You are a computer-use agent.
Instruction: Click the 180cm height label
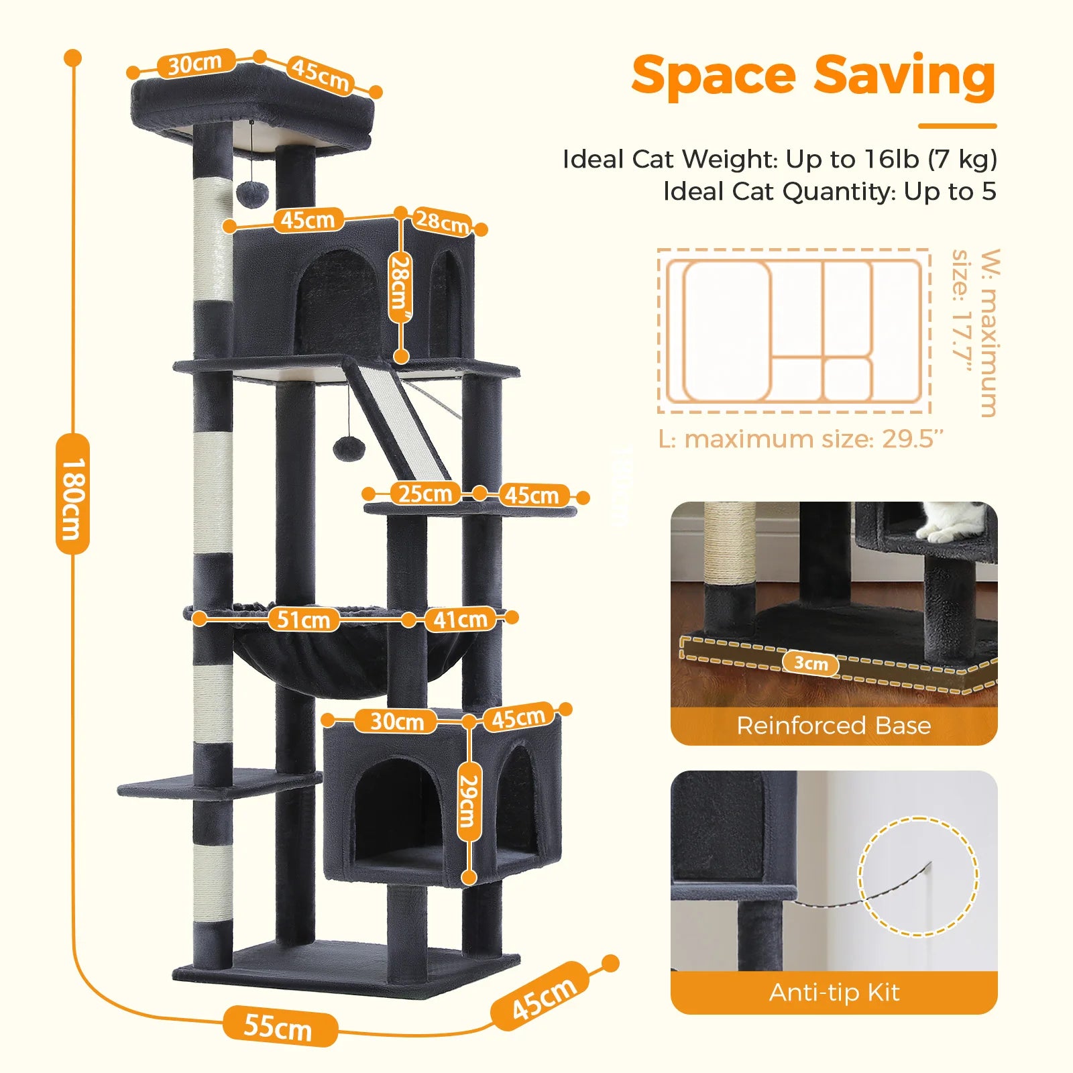coord(72,494)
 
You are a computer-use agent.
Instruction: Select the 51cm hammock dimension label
coord(304,620)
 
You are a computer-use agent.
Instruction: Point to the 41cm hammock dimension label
coord(460,619)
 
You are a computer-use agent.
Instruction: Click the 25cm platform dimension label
coord(425,494)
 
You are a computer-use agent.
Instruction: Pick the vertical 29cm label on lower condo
coord(469,802)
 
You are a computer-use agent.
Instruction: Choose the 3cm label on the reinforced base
coord(811,663)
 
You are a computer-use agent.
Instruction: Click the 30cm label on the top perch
coord(195,64)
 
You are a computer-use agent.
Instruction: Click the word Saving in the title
coord(905,76)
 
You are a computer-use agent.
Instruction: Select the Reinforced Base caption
coord(834,726)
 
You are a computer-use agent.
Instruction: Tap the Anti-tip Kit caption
coord(834,992)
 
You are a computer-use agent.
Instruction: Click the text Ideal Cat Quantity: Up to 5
coord(830,192)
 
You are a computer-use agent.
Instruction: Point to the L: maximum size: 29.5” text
coord(801,439)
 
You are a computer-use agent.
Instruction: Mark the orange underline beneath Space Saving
coord(957,125)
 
